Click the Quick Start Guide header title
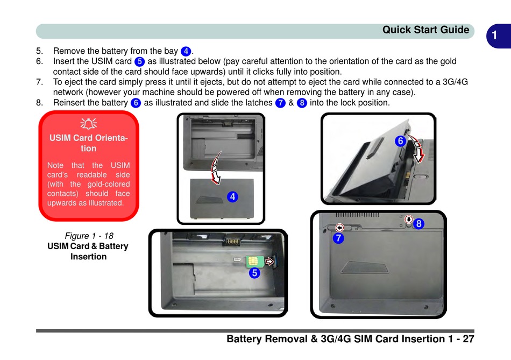pyautogui.click(x=425, y=30)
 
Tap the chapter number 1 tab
pyautogui.click(x=494, y=36)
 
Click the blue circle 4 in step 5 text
pyautogui.click(x=186, y=51)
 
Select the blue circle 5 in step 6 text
pyautogui.click(x=139, y=61)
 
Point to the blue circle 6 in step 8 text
pyautogui.click(x=136, y=103)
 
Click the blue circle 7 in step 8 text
pyautogui.click(x=280, y=103)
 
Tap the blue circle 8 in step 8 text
pyautogui.click(x=302, y=103)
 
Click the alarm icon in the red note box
pyautogui.click(x=89, y=124)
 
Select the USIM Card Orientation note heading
pyautogui.click(x=89, y=143)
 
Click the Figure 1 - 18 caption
pyautogui.click(x=89, y=236)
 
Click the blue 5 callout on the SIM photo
pyautogui.click(x=254, y=273)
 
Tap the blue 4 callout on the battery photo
pyautogui.click(x=232, y=197)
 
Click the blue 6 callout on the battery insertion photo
pyautogui.click(x=400, y=141)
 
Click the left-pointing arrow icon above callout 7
pyautogui.click(x=339, y=228)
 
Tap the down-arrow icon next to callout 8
pyautogui.click(x=409, y=220)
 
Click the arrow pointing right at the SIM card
pyautogui.click(x=270, y=262)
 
